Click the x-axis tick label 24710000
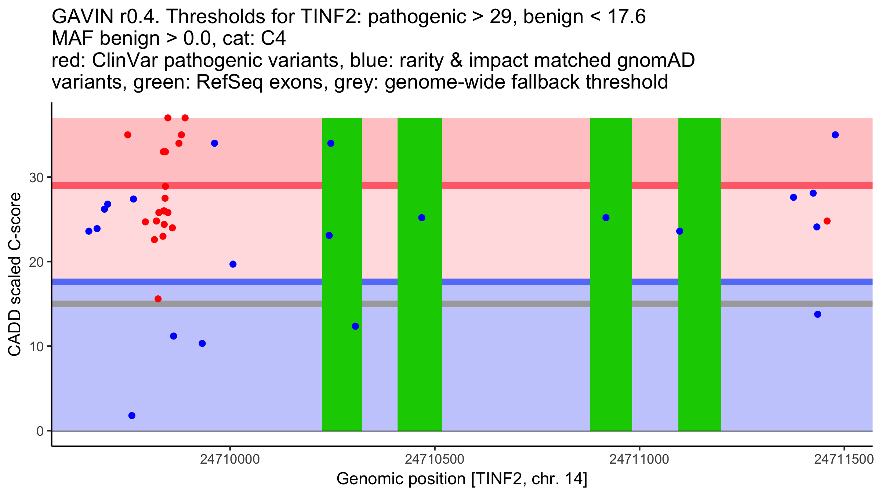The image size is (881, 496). coord(230,460)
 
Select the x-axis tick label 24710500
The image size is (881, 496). coord(435,460)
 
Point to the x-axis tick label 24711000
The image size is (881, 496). coord(639,460)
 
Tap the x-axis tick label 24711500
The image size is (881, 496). coord(844,460)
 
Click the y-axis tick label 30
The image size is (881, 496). coord(36,178)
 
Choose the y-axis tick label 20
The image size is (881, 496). coord(36,262)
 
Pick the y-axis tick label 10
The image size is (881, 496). coord(36,347)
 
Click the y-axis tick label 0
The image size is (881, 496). coord(40,431)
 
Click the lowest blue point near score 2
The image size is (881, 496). coord(132,416)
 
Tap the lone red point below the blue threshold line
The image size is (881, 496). coord(158,299)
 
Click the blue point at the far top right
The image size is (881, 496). coord(835,135)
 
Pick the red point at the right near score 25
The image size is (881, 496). coord(827,221)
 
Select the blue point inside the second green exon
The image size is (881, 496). coord(422,218)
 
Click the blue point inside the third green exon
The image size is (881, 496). coord(606,218)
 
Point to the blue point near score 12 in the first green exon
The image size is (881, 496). coord(355,326)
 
